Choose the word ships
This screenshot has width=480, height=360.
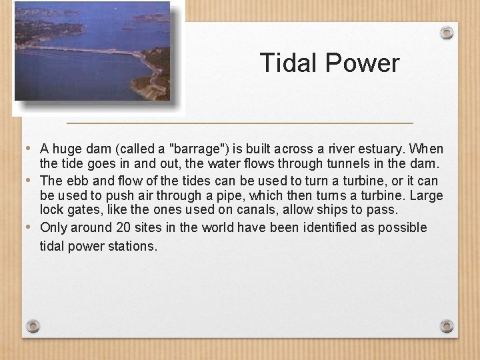tap(341, 210)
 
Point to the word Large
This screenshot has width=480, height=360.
tap(427, 195)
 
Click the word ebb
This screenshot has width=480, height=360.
tap(75, 181)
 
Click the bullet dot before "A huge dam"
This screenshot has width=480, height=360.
tap(27, 148)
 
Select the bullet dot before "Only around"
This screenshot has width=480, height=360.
tap(27, 227)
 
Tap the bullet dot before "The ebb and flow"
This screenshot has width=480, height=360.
tap(27, 180)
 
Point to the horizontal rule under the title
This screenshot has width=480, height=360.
tap(240, 123)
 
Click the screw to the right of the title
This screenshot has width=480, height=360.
tap(447, 32)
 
